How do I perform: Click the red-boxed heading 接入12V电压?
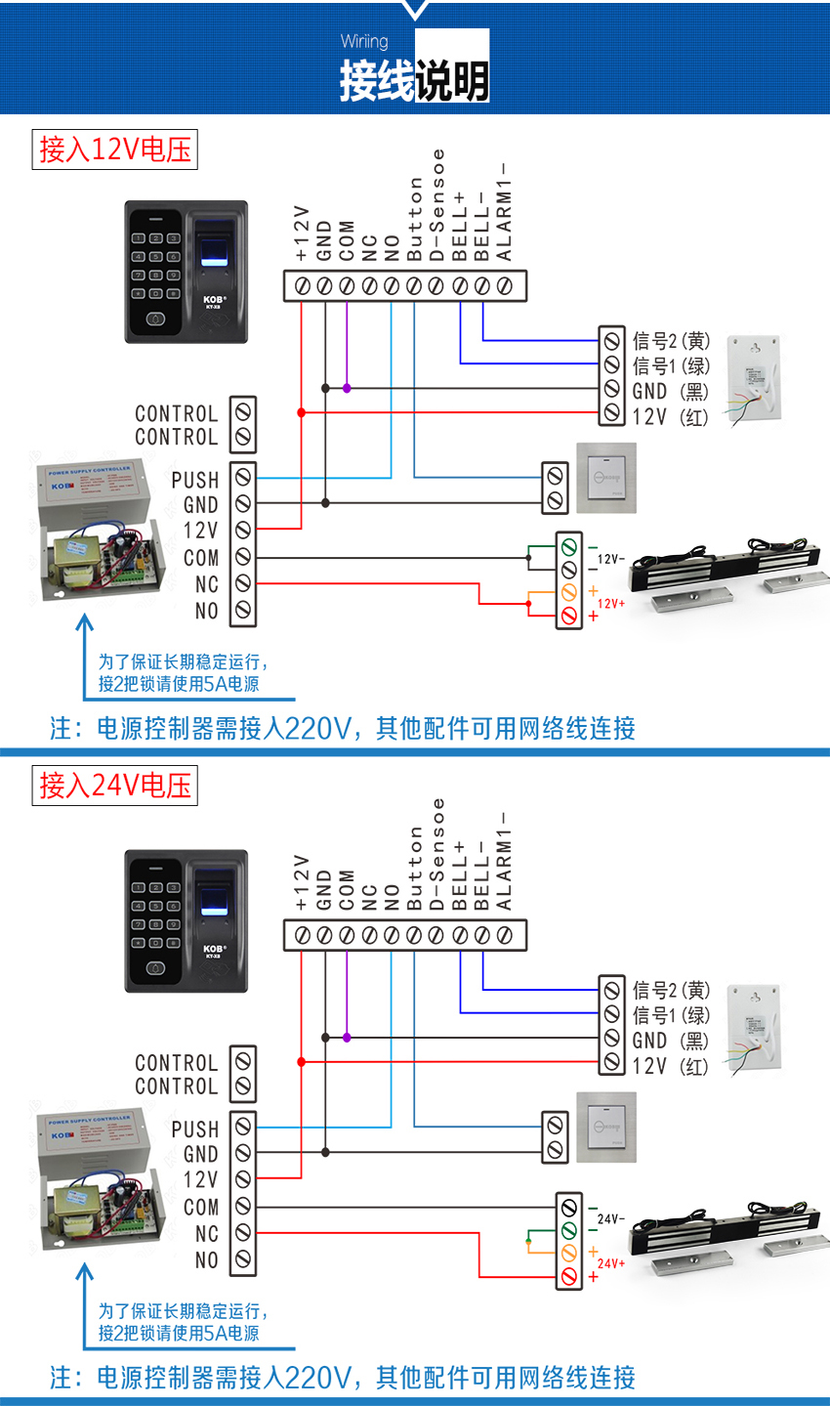pos(114,149)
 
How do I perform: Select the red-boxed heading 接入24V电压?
pos(114,786)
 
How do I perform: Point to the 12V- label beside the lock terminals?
pos(611,559)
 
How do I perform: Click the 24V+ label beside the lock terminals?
pos(611,1263)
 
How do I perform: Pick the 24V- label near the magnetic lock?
pos(611,1218)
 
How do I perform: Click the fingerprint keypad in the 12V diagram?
pos(186,272)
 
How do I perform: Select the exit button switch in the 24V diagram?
pos(605,1127)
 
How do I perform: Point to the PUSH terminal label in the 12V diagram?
pos(195,480)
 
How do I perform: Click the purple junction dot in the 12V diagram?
pos(347,388)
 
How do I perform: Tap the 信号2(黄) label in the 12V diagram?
pos(672,341)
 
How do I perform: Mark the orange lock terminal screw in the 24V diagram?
pos(569,1253)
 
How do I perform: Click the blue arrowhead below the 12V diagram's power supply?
pos(85,622)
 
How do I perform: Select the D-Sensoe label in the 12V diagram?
pos(437,205)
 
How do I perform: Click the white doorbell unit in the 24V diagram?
pos(755,1028)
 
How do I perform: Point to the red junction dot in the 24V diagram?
pos(301,1061)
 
